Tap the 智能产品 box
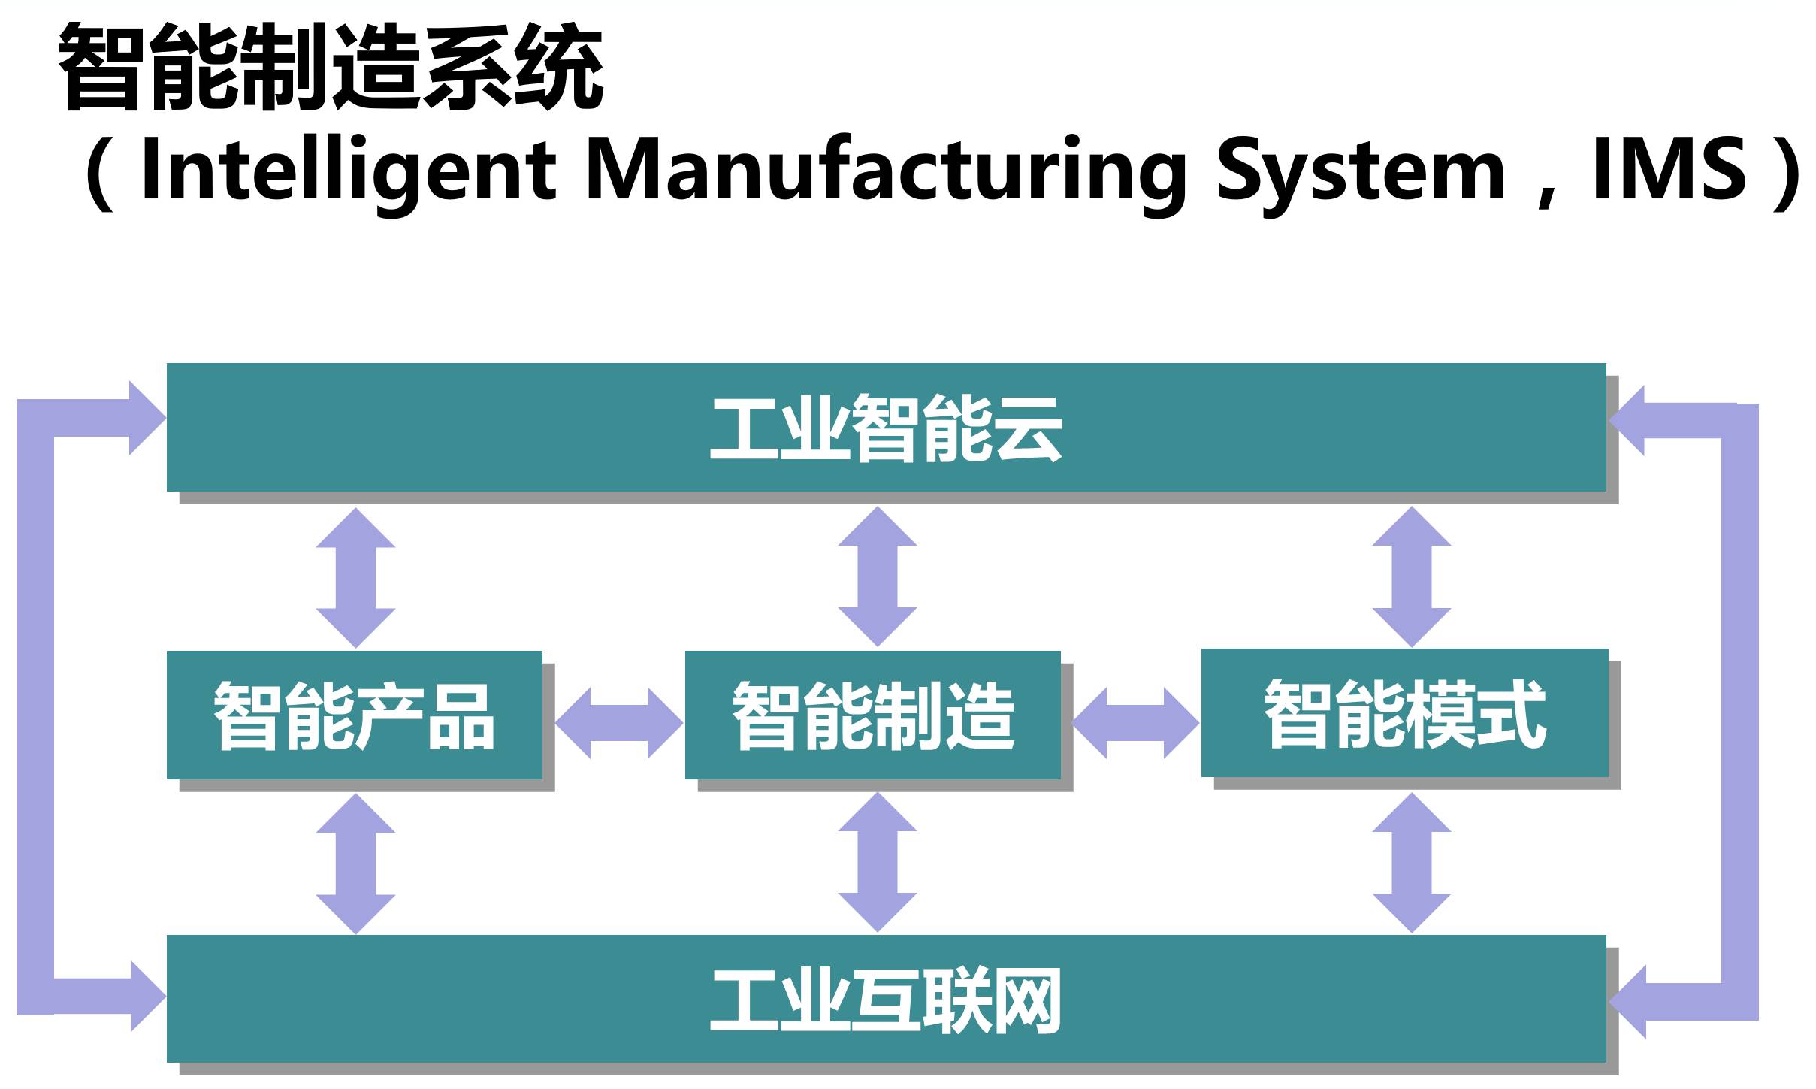[354, 715]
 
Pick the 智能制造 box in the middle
[872, 715]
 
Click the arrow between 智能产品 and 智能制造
[619, 723]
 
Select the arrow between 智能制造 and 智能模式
[1135, 723]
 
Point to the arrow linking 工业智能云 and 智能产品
[355, 577]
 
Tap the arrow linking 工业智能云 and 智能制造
[877, 576]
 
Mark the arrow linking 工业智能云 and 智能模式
[1411, 576]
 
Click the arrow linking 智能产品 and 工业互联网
[355, 864]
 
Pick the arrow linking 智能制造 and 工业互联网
[877, 862]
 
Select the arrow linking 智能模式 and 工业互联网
[1411, 863]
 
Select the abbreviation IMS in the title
[1669, 170]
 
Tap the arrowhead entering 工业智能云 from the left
[146, 418]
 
